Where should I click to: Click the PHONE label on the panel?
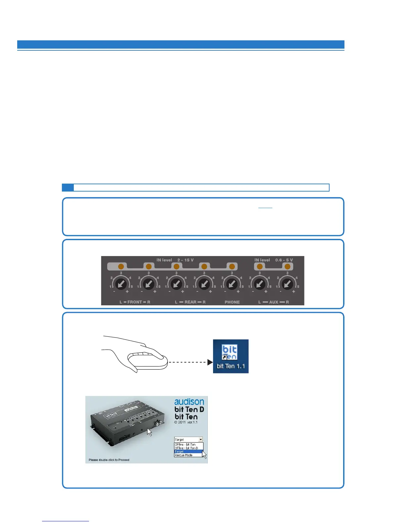coord(232,302)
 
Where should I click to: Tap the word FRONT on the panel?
coord(135,302)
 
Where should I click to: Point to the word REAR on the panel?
coord(190,302)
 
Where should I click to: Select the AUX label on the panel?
coord(274,302)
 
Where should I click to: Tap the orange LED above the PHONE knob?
coord(232,267)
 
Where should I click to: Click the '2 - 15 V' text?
coord(185,260)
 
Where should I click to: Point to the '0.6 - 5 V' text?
coord(284,260)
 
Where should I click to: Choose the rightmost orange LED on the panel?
coord(288,267)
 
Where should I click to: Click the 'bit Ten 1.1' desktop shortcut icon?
coord(231,356)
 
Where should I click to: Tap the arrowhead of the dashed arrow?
coord(210,362)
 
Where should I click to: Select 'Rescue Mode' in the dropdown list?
coord(184,455)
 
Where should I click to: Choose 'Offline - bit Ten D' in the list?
coord(186,448)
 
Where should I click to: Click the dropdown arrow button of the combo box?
coord(201,439)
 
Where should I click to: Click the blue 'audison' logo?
coord(189,402)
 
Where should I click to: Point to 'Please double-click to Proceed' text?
coord(109,460)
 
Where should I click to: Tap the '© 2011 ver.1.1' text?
coord(186,422)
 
